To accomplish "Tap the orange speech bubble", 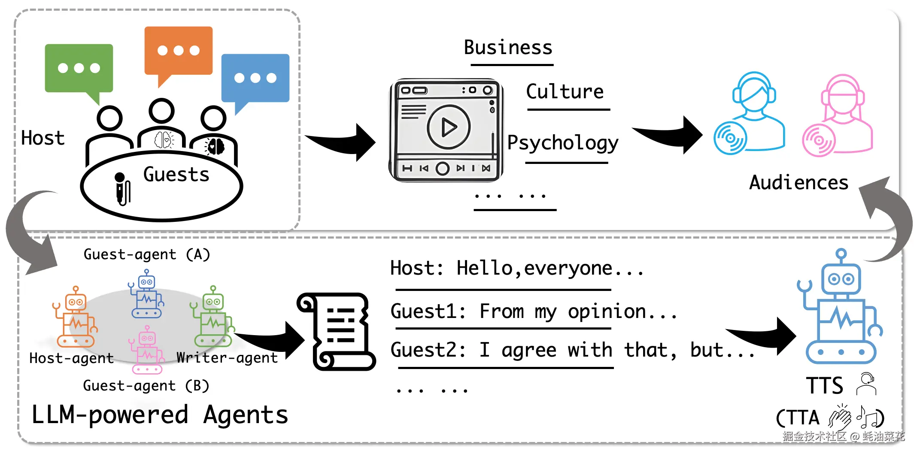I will click(179, 50).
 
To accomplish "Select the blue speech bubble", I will click(255, 78).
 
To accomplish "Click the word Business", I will click(508, 47).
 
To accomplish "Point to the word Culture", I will click(565, 92).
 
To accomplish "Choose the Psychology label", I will click(562, 142).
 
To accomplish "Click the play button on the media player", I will click(449, 127).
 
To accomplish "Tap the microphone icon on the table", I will click(122, 189).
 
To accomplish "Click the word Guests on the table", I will click(176, 175).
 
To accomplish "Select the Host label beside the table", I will click(43, 138).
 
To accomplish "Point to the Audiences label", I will click(799, 183).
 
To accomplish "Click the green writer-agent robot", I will click(213, 318).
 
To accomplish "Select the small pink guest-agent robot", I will click(147, 350).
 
